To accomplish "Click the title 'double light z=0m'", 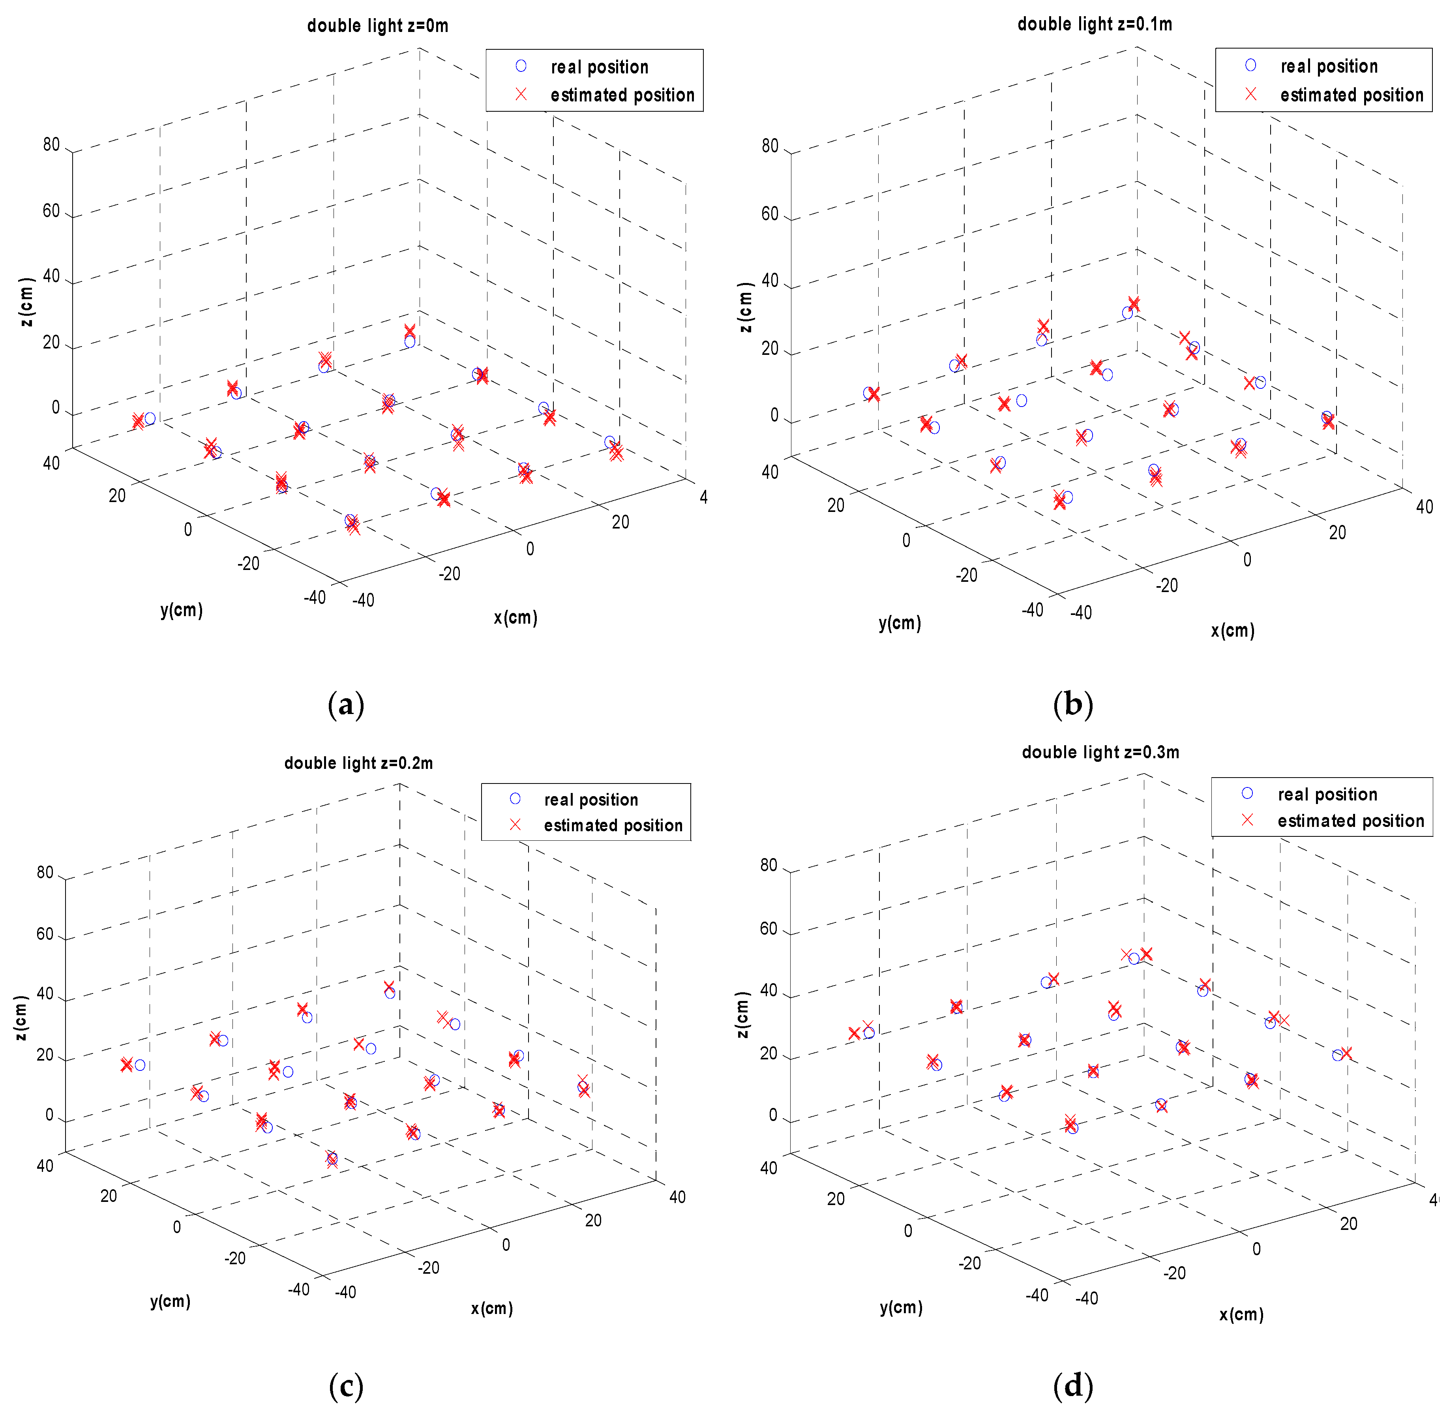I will coord(377,26).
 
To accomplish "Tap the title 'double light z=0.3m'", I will coord(1100,752).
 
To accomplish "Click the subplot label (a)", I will coord(346,704).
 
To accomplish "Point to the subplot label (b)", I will coord(1072,704).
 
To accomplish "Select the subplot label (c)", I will coord(346,1386).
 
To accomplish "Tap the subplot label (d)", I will coord(1072,1386).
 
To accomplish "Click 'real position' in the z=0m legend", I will coord(599,67).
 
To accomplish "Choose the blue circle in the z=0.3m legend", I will coord(1247,793).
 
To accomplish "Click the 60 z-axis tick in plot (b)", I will coord(770,214).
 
